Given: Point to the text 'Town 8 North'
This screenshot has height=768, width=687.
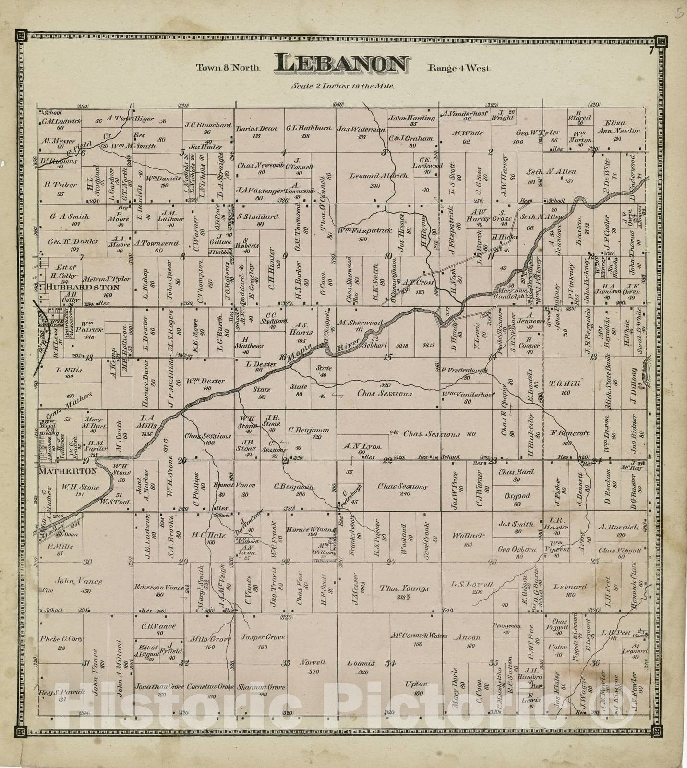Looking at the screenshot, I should (228, 68).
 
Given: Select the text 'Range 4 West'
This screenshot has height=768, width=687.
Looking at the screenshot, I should (459, 68).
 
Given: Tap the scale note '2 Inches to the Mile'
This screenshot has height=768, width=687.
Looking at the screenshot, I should (342, 87).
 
